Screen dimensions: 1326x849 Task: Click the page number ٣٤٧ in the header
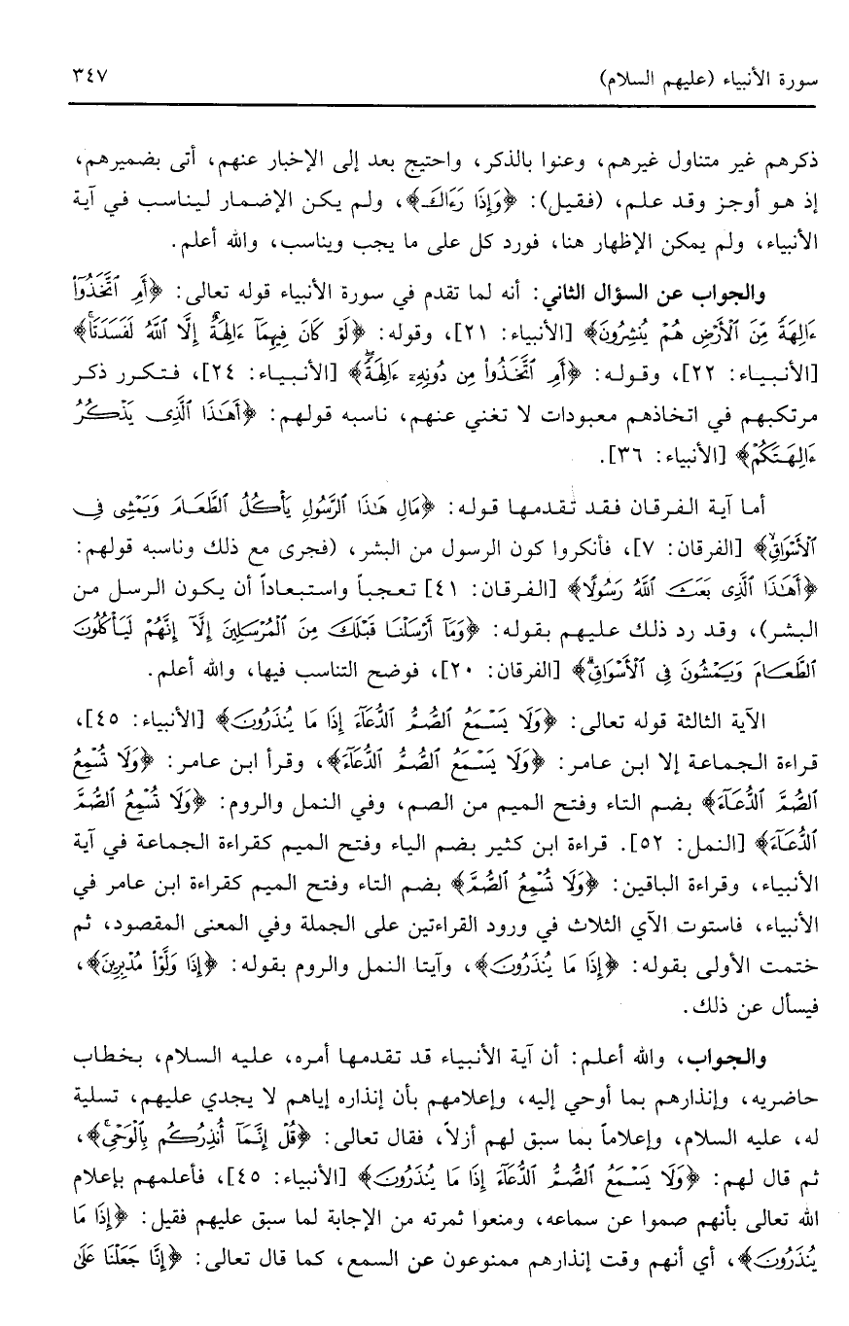(x=88, y=74)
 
